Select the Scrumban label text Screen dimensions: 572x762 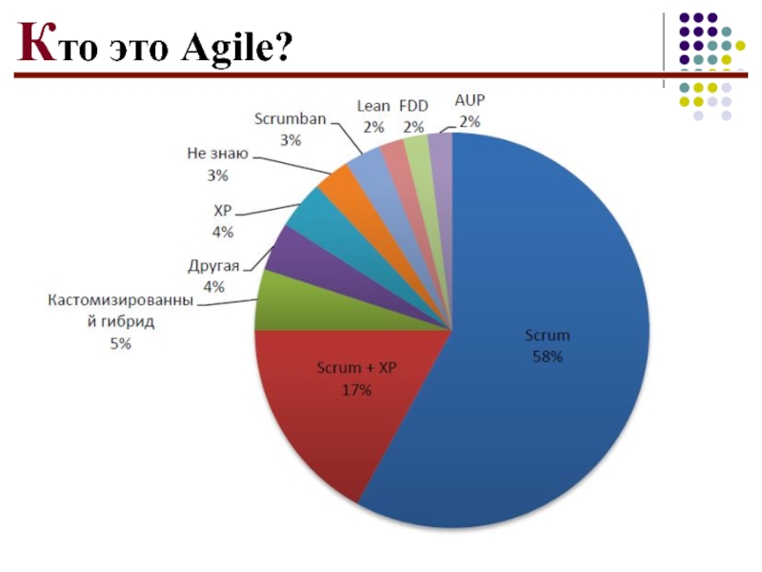[291, 119]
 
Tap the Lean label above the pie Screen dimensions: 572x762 [372, 107]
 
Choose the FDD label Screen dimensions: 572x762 [413, 107]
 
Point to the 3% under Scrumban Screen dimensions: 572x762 [291, 140]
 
